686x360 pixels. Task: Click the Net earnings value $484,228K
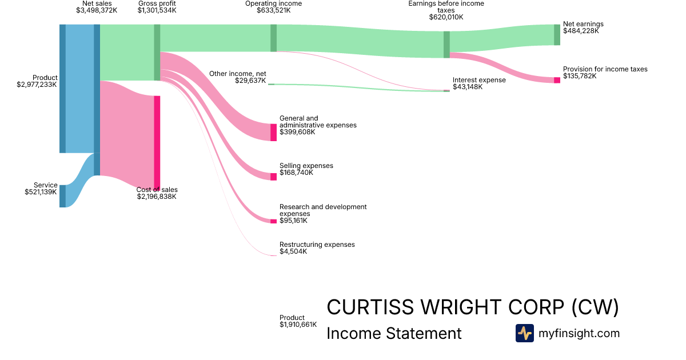(581, 31)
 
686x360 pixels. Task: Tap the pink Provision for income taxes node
(557, 80)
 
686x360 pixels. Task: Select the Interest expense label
(479, 80)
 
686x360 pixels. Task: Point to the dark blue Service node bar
(62, 196)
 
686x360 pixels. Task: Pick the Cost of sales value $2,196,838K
(157, 197)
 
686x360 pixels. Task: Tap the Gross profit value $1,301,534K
(157, 10)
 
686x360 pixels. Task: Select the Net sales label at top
(97, 3)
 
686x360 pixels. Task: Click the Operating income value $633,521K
(273, 10)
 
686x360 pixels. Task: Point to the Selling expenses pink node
(273, 177)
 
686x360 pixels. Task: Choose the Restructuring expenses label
(317, 245)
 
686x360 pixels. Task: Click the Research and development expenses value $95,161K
(293, 221)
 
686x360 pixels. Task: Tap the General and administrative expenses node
(273, 132)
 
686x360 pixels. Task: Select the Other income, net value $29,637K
(250, 81)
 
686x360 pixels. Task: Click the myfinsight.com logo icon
(524, 333)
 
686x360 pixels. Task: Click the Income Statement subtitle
(394, 333)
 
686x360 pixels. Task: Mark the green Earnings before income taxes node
(446, 45)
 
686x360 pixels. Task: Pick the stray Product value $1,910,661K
(298, 325)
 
